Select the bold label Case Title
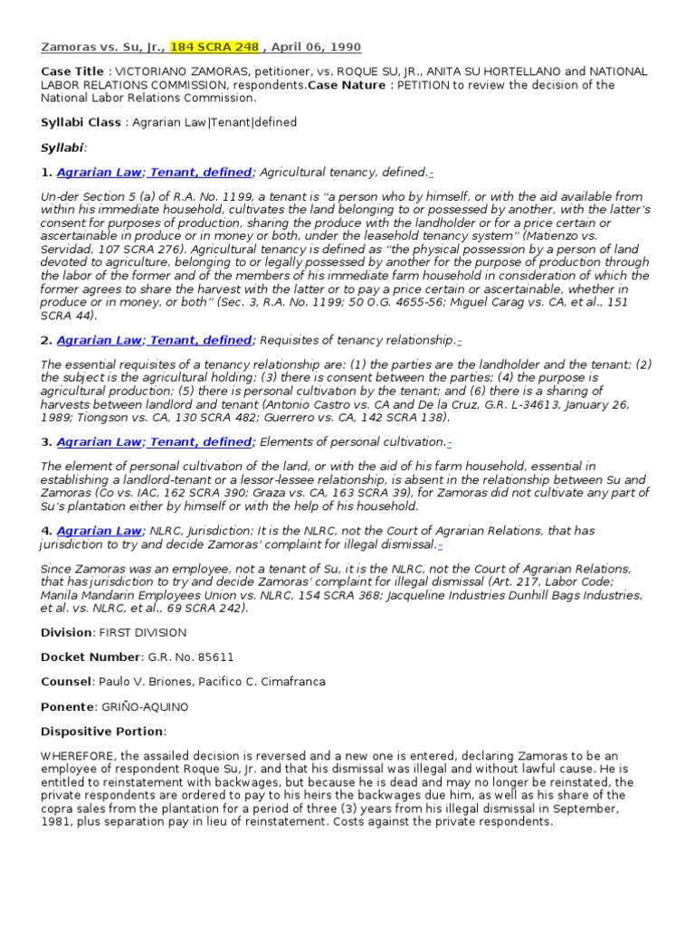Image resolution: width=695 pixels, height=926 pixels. pyautogui.click(x=72, y=71)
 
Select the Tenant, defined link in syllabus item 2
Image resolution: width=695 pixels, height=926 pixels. pyautogui.click(x=202, y=340)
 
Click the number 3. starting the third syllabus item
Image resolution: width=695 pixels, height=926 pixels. pyautogui.click(x=47, y=441)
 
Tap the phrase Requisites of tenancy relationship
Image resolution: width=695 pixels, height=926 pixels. pyautogui.click(x=357, y=340)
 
